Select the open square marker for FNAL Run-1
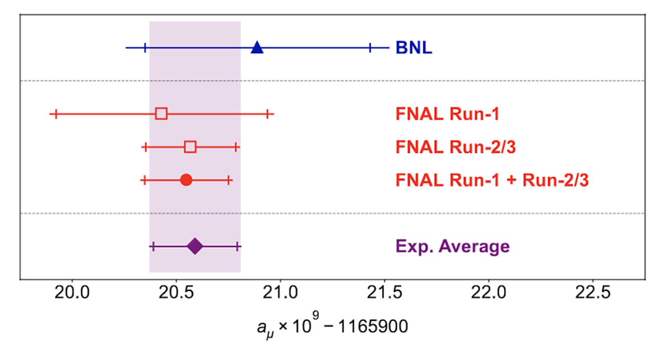click(x=161, y=114)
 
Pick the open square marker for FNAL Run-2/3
click(x=190, y=147)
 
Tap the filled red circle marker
click(x=186, y=180)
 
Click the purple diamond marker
click(x=195, y=246)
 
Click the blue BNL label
click(x=413, y=48)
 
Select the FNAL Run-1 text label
click(x=447, y=114)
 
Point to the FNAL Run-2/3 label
click(x=456, y=147)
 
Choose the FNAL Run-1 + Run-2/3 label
click(x=492, y=181)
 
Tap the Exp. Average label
click(x=453, y=246)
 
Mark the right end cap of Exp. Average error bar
click(x=238, y=246)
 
